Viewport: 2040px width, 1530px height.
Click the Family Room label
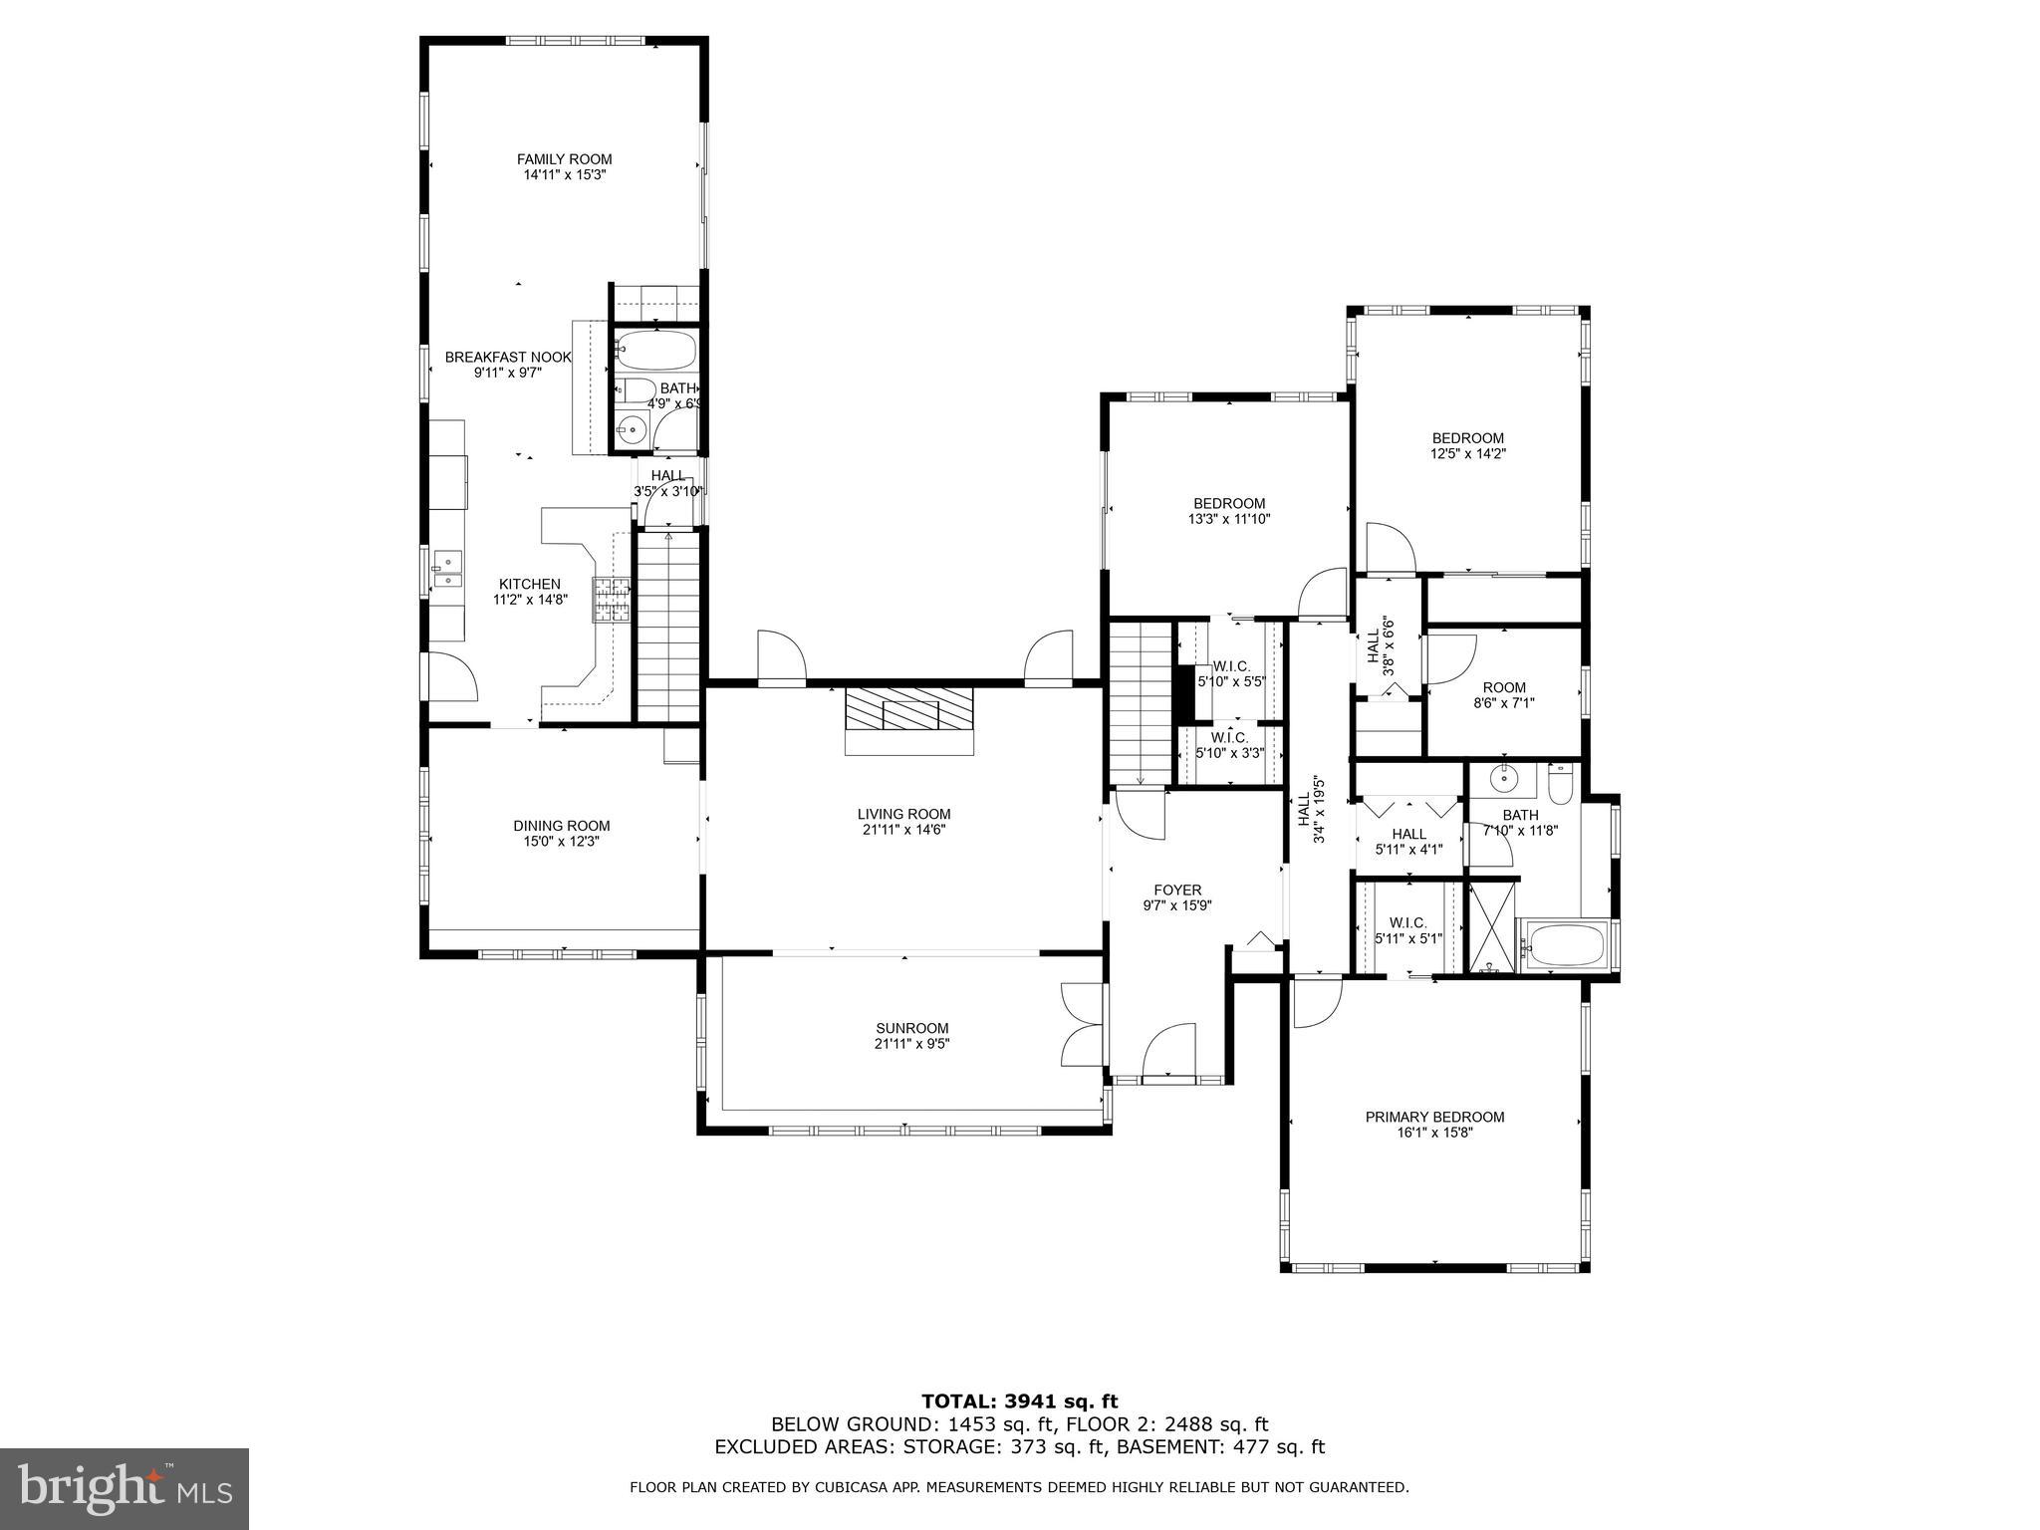click(564, 159)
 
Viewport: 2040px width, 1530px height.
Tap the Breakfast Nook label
click(508, 357)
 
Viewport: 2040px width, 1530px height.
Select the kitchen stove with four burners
click(613, 600)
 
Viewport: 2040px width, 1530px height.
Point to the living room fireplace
click(907, 720)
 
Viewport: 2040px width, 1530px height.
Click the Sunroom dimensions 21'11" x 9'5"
click(911, 1044)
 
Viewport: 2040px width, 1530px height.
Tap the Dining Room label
click(561, 826)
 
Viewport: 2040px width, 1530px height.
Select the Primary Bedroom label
click(1434, 1117)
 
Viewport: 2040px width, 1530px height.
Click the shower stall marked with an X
click(1491, 925)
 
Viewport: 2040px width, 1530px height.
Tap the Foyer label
click(1177, 891)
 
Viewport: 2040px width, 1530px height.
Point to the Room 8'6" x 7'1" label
click(1504, 687)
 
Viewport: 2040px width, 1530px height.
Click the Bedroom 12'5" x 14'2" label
click(1467, 438)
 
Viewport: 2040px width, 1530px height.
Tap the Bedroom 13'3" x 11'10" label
click(1229, 504)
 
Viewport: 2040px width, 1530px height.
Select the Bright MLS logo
click(125, 1488)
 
